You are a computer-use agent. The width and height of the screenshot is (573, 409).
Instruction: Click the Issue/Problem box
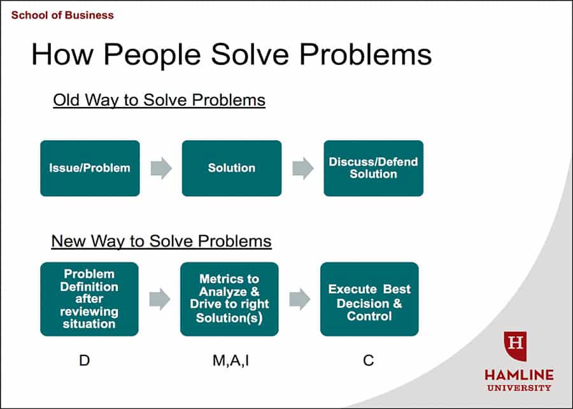[90, 168]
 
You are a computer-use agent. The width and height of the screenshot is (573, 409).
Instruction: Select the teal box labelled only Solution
[232, 168]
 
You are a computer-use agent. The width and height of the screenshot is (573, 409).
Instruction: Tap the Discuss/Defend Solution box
[374, 168]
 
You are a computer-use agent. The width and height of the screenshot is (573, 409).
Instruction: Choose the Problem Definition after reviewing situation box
[90, 299]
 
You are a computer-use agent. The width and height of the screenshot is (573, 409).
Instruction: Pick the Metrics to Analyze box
[229, 299]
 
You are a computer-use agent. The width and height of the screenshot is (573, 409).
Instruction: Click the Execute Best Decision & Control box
[369, 299]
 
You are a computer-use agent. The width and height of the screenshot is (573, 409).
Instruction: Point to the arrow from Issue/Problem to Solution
[161, 168]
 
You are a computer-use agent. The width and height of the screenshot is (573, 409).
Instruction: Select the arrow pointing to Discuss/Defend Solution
[303, 168]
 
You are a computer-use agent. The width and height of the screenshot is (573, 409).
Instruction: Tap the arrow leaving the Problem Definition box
[160, 299]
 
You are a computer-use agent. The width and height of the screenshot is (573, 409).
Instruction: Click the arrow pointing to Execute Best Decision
[300, 299]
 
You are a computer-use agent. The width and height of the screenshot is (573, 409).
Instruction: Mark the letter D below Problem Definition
[85, 361]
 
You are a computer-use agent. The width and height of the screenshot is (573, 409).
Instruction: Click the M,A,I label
[231, 361]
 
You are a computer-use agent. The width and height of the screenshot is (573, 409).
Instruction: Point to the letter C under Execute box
[369, 361]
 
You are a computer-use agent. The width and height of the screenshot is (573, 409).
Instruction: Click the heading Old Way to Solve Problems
[159, 100]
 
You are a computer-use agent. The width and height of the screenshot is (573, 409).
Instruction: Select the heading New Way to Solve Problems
[161, 241]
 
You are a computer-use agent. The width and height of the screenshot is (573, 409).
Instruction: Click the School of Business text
[62, 15]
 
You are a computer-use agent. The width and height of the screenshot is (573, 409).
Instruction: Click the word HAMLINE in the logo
[519, 375]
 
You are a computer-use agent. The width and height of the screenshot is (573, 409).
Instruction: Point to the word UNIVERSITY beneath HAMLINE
[519, 388]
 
